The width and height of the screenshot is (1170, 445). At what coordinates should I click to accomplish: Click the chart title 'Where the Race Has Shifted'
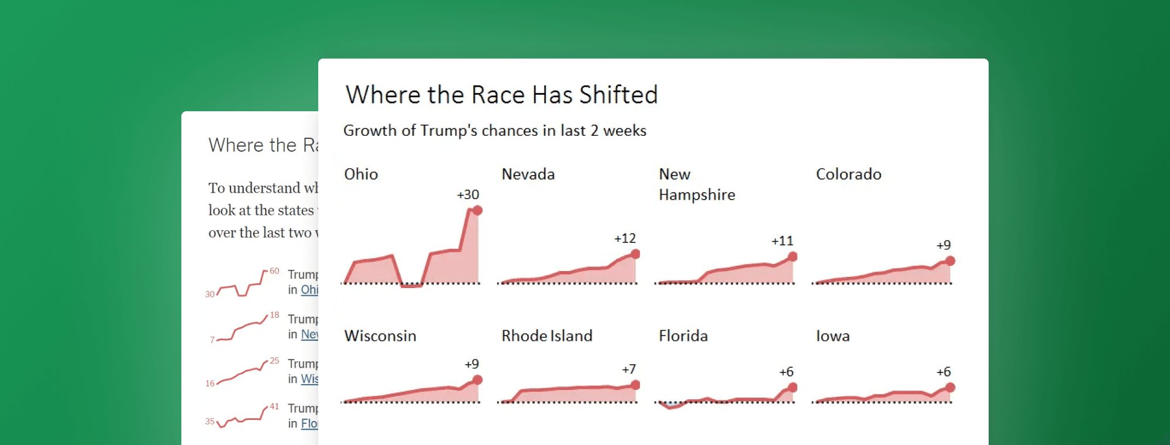(501, 95)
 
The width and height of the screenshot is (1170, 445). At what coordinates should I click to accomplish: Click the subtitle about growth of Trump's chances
(494, 131)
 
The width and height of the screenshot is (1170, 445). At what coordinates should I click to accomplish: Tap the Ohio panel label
(361, 174)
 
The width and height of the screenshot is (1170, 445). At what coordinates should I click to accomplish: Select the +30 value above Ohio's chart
(468, 195)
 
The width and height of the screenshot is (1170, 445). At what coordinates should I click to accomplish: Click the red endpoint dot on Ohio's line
(477, 211)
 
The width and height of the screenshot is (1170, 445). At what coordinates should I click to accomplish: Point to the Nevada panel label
(528, 174)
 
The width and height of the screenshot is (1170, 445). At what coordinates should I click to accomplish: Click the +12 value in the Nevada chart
(625, 239)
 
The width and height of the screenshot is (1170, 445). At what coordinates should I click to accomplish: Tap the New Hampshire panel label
(696, 184)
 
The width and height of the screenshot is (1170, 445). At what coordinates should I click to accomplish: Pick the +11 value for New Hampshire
(782, 241)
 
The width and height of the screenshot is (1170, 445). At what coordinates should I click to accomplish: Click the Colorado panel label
(848, 174)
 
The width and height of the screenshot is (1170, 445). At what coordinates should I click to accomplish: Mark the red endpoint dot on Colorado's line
(950, 261)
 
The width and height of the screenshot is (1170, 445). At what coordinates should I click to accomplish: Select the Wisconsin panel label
(380, 336)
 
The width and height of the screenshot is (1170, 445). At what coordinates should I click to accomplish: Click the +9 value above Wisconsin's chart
(472, 364)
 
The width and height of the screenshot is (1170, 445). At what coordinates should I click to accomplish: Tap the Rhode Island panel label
(547, 336)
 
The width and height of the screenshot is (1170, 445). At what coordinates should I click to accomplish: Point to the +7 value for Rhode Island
(629, 369)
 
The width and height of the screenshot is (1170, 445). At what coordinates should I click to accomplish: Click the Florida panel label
(683, 336)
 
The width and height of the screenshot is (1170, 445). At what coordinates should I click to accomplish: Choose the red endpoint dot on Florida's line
(793, 388)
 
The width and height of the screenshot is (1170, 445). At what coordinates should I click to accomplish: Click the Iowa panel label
(832, 336)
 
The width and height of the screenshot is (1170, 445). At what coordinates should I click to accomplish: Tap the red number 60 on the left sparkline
(274, 271)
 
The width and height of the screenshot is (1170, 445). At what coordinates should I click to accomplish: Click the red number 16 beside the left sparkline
(210, 384)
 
